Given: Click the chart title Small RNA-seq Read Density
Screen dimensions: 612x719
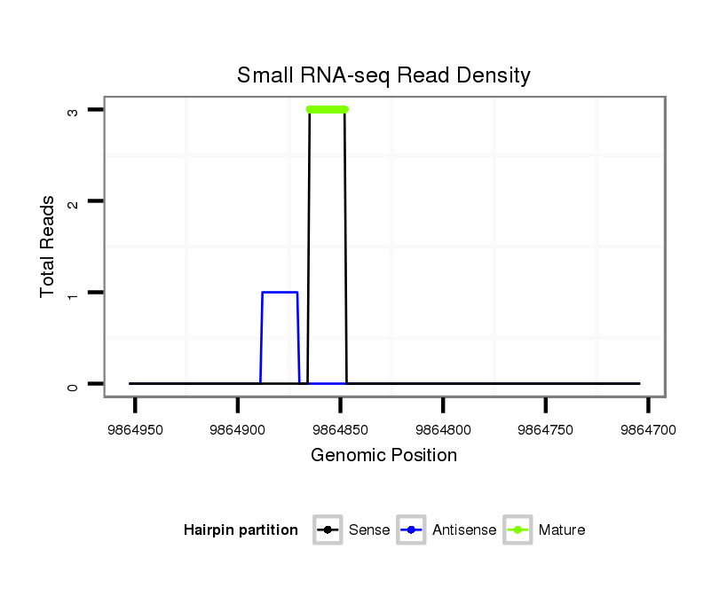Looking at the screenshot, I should point(383,75).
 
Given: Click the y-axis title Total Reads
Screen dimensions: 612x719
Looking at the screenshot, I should point(48,247).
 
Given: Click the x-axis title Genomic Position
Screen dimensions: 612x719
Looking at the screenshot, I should point(383,456).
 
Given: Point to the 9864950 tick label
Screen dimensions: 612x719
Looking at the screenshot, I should point(135,429).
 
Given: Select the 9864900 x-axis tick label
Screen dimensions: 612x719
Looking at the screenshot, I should point(238,429).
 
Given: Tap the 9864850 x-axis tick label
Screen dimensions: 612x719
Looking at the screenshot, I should point(341,429).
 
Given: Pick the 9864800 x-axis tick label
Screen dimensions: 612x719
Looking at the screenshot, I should point(443,429).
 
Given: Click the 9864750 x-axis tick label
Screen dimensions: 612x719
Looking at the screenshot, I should point(546,429).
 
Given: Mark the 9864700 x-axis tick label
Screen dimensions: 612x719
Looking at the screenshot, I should point(648,429).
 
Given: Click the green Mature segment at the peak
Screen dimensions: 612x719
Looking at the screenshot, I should point(327,109).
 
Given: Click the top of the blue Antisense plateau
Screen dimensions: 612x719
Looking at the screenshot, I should point(280,292).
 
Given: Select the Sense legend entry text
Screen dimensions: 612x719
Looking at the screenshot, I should point(369,530).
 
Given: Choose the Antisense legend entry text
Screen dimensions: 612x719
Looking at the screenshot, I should point(464,530).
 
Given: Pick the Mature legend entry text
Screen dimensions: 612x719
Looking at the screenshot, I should point(562,530).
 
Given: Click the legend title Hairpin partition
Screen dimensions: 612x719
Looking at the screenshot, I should point(241,530).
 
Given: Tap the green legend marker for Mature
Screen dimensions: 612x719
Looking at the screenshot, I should point(518,530).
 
